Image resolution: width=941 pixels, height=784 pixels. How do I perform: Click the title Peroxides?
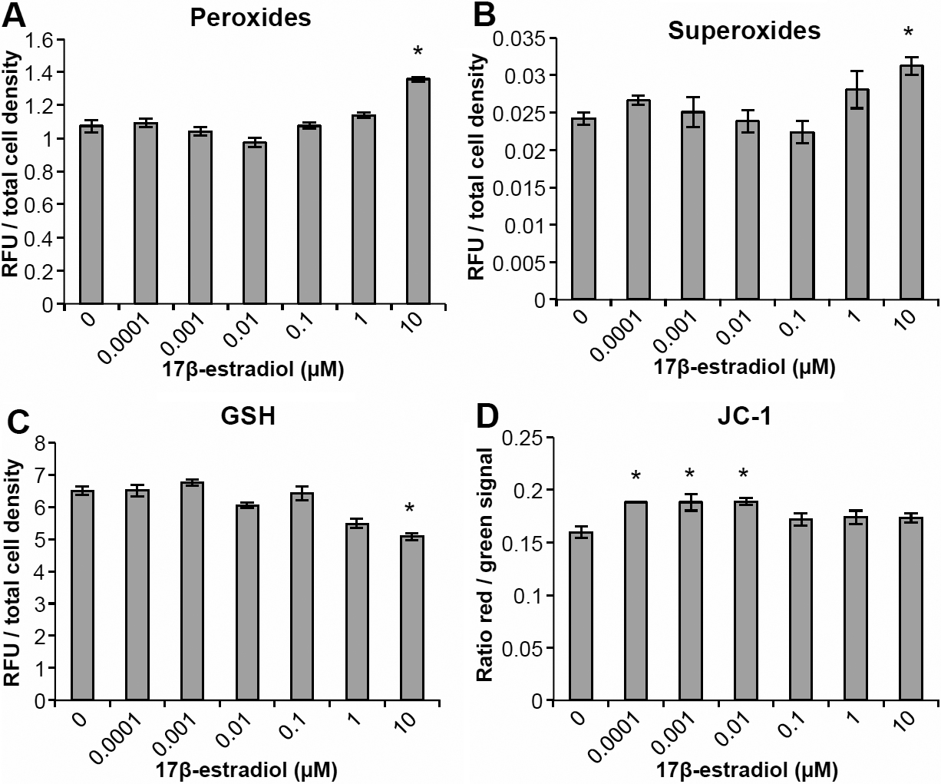251,18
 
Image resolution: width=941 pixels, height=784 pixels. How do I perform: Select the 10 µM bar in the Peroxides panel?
418,191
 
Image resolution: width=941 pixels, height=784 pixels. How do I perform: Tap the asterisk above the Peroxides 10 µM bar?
418,53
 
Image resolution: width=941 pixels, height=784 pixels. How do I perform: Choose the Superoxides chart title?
745,31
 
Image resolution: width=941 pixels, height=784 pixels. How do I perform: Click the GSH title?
250,415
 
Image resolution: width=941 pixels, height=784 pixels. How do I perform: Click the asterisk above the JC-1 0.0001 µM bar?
636,477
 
